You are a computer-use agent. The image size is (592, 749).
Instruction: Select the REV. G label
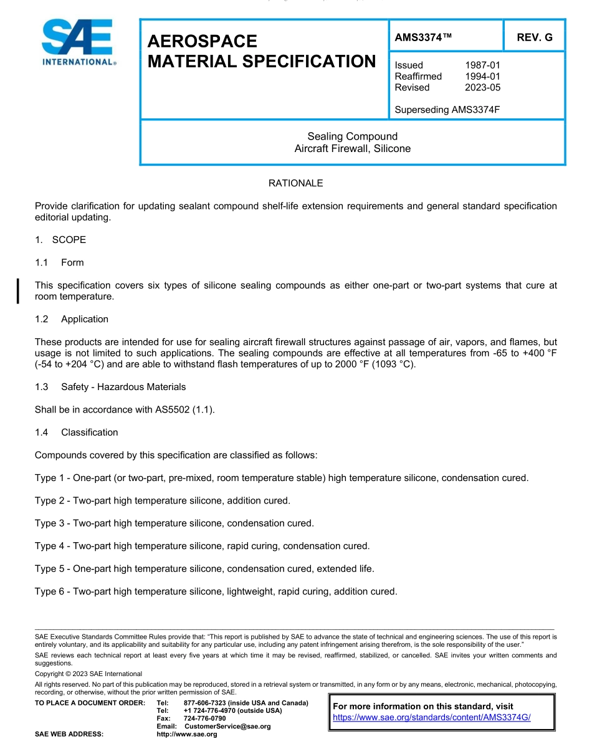click(x=534, y=37)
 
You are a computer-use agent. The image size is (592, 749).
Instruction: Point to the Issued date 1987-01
click(x=482, y=65)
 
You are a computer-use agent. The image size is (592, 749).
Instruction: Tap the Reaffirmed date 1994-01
click(x=482, y=76)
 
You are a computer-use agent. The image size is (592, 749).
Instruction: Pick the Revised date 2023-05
click(x=482, y=87)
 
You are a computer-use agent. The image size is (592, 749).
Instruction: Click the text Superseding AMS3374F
click(x=447, y=110)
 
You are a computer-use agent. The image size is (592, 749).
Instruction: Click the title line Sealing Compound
click(x=352, y=136)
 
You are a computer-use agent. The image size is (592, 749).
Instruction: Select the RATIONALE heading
click(x=295, y=183)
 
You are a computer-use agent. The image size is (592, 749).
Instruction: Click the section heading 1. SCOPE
click(x=60, y=240)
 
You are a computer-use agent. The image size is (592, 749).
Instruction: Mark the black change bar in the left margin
click(x=18, y=291)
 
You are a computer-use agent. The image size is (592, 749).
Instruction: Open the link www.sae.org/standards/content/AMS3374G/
click(x=431, y=717)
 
